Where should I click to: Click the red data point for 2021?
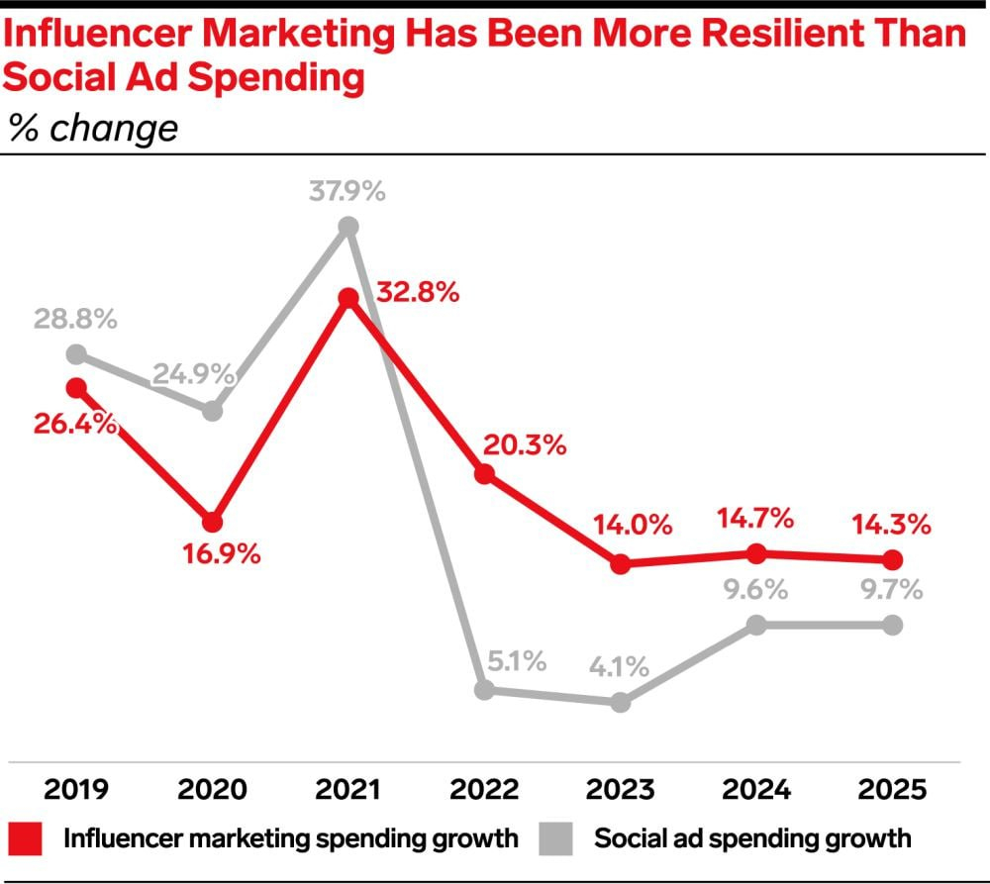point(347,299)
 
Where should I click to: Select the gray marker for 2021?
point(347,227)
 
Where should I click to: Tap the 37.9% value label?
point(346,191)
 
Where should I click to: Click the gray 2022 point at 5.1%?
point(484,690)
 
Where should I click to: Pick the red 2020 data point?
point(212,522)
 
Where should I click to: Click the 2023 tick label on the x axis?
point(620,789)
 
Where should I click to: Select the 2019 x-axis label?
point(76,789)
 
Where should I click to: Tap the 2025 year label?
point(892,789)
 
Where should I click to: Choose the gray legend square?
point(559,838)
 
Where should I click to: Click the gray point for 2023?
point(620,702)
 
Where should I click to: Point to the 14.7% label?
point(756,518)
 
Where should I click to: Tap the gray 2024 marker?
point(756,625)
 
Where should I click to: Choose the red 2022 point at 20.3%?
point(484,474)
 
